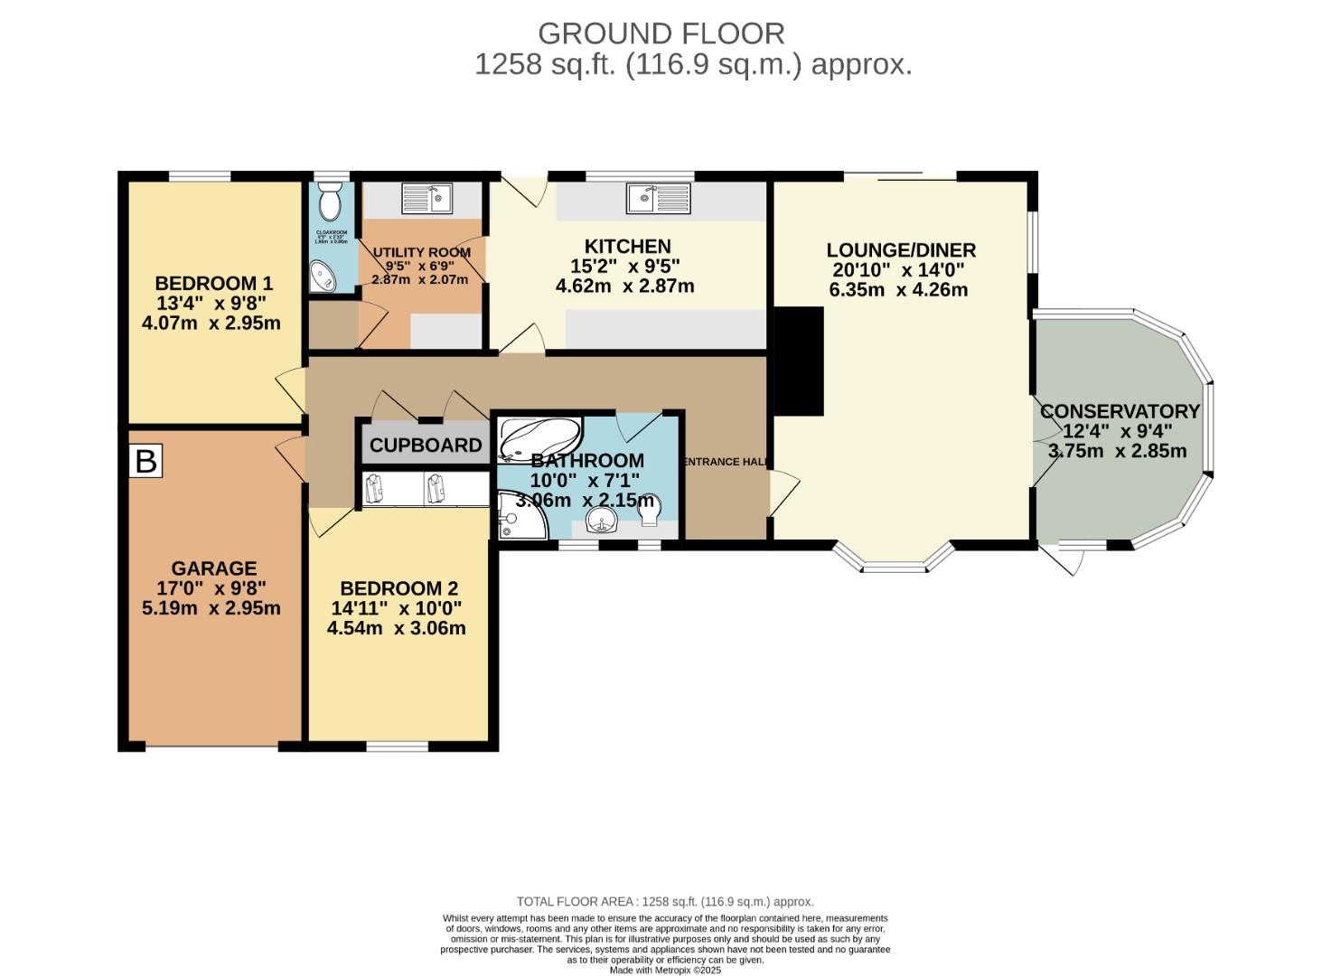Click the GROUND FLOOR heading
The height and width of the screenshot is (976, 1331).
point(661,33)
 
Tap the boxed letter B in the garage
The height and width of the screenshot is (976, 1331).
point(145,461)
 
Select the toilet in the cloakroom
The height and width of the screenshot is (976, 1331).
point(329,201)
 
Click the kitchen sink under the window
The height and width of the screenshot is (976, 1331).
point(658,198)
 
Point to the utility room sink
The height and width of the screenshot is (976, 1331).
point(426,198)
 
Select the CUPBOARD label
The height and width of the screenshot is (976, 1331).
point(426,446)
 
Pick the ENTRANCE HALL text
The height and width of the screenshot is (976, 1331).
point(724,462)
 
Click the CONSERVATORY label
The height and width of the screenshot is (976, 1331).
point(1120,411)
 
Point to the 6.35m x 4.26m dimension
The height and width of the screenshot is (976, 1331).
point(898,290)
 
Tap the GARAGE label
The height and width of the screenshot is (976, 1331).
point(214,568)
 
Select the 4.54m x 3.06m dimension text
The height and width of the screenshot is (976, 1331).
point(397,628)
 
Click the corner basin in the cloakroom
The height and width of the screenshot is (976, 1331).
point(322,278)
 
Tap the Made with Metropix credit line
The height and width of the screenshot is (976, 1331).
point(665,970)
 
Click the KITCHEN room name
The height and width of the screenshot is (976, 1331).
point(627,247)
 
